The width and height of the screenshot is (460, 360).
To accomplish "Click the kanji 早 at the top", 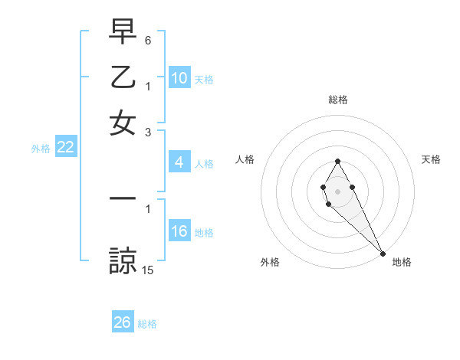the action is tap(123, 32).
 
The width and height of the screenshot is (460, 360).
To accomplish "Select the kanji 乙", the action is tap(123, 77).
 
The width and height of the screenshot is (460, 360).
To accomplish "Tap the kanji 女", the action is tap(123, 123).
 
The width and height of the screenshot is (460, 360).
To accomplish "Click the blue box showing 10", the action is tap(179, 78).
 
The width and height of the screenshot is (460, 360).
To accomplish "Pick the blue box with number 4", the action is tap(179, 162).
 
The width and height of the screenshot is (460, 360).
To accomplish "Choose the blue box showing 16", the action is tap(179, 232).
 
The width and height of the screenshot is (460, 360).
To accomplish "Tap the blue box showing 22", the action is tap(65, 148).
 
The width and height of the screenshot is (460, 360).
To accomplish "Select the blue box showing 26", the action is tap(122, 322).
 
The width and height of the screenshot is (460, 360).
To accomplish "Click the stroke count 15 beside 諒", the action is tap(148, 270).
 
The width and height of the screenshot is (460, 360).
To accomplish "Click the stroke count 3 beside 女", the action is tap(148, 132).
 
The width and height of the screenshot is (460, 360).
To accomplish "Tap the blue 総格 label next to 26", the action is tap(147, 324).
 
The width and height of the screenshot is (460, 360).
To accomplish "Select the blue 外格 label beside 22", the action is tap(40, 149).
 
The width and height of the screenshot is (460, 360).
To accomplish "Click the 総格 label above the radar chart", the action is tap(338, 100).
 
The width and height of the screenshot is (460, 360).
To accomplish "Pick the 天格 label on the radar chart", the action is tap(432, 159).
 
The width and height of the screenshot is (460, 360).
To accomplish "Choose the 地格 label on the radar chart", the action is tap(402, 262).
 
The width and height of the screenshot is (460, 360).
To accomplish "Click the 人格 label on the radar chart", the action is tap(245, 159).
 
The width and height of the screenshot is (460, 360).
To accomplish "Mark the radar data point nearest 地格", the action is tap(383, 253).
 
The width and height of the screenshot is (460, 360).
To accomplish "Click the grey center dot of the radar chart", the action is tap(337, 190).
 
